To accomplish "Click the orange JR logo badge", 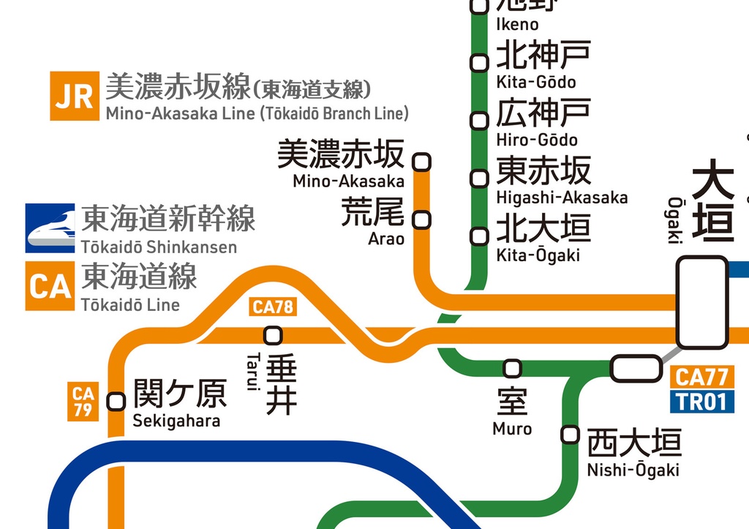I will tap(74, 96).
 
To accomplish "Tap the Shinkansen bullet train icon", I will tap(50, 228).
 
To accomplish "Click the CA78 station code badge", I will tap(273, 307).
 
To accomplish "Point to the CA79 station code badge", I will tap(83, 402).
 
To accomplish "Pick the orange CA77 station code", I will tap(701, 378).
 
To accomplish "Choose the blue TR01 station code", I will tap(701, 401).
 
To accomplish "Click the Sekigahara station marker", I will tap(116, 401).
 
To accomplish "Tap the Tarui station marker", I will tap(273, 335).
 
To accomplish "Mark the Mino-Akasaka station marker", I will tap(422, 162).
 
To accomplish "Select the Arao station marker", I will tap(422, 219).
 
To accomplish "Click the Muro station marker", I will tap(513, 368).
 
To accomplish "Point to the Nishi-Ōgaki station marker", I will tap(570, 434).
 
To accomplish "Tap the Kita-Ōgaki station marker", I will tap(479, 236).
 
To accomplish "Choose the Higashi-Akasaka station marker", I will tap(479, 178).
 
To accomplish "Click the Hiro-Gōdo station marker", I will tap(479, 120).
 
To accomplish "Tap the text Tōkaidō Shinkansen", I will tap(159, 247).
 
